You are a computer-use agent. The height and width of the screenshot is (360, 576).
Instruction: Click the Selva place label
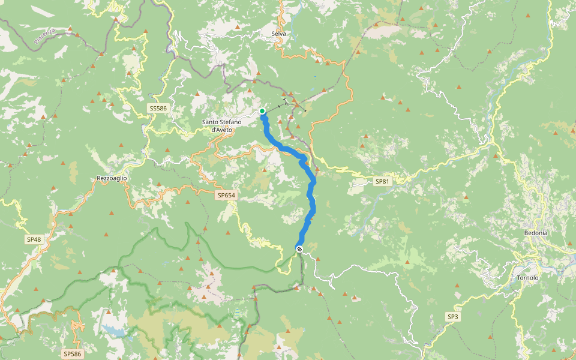coord(278,34)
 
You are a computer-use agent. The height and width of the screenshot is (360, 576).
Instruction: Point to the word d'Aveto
coord(222,130)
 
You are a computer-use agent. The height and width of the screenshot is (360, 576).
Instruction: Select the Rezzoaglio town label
coord(112,178)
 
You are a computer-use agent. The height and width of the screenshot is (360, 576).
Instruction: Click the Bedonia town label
coord(536,232)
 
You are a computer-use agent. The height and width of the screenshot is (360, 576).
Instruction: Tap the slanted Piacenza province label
coord(45,35)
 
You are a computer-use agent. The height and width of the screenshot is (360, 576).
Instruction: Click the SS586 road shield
coord(158,108)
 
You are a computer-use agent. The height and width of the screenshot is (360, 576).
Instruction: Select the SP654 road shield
coord(227,195)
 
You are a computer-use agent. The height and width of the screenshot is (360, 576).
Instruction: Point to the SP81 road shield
coord(382,181)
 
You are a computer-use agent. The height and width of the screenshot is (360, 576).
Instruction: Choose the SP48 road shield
coord(34,239)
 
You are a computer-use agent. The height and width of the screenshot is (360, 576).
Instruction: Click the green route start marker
coord(262,111)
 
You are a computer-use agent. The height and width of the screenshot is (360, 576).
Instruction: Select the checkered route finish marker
coord(299,248)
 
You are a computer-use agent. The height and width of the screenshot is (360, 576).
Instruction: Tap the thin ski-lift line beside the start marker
coord(282,105)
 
